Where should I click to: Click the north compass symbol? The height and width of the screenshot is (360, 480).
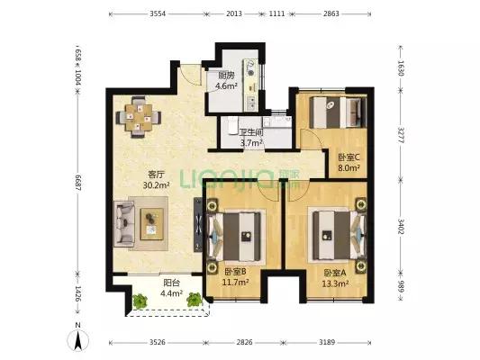pyautogui.click(x=78, y=337)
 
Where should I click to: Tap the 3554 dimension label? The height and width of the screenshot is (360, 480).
pyautogui.click(x=158, y=13)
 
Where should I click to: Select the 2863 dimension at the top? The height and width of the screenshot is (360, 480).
pyautogui.click(x=331, y=13)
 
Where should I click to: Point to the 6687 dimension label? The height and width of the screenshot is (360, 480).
pyautogui.click(x=77, y=183)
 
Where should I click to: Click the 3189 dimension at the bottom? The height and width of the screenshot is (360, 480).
pyautogui.click(x=327, y=342)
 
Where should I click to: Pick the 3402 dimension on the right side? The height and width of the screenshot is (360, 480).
pyautogui.click(x=401, y=226)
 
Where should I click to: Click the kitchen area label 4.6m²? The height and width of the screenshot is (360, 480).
pyautogui.click(x=226, y=85)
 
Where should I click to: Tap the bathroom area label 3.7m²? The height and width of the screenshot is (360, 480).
pyautogui.click(x=251, y=143)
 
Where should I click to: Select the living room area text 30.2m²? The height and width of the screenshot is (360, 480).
pyautogui.click(x=157, y=185)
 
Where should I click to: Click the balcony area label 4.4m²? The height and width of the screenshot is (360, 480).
pyautogui.click(x=171, y=293)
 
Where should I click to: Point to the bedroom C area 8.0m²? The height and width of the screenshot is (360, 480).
pyautogui.click(x=349, y=167)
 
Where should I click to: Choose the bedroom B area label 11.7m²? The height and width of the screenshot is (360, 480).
pyautogui.click(x=235, y=282)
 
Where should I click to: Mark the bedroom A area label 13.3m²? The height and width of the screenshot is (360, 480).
pyautogui.click(x=335, y=283)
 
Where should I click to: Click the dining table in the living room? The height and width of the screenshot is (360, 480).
pyautogui.click(x=139, y=118)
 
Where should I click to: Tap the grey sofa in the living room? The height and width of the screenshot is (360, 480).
pyautogui.click(x=124, y=223)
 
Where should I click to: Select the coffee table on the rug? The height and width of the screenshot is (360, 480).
pyautogui.click(x=152, y=224)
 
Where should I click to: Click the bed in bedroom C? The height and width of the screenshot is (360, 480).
pyautogui.click(x=338, y=112)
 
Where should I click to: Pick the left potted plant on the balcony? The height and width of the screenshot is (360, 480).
pyautogui.click(x=140, y=301)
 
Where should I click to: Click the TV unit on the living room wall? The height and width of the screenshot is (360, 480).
pyautogui.click(x=198, y=225)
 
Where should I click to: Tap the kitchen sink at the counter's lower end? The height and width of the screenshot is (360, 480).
pyautogui.click(x=251, y=103)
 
